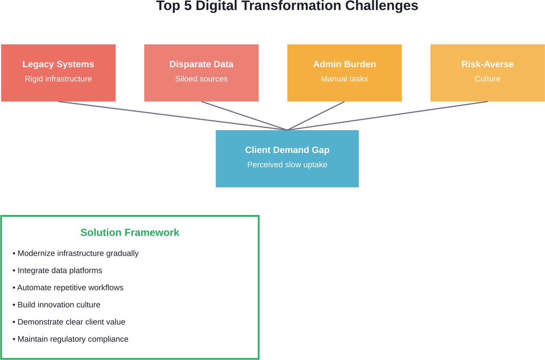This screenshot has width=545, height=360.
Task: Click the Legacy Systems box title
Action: pyautogui.click(x=58, y=64)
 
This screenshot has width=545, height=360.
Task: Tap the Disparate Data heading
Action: pyautogui.click(x=201, y=64)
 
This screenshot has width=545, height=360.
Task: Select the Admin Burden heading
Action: pyautogui.click(x=344, y=64)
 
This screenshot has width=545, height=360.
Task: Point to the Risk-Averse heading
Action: pyautogui.click(x=487, y=64)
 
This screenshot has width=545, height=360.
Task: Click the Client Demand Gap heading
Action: pyautogui.click(x=287, y=150)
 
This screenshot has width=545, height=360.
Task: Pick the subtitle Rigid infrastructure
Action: pyautogui.click(x=58, y=79)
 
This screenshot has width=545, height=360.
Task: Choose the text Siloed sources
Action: pyautogui.click(x=201, y=79)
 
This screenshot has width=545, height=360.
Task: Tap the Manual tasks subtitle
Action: pyautogui.click(x=344, y=79)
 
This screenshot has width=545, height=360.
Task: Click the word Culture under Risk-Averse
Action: pyautogui.click(x=487, y=79)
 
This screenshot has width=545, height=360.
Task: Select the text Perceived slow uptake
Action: pyautogui.click(x=287, y=165)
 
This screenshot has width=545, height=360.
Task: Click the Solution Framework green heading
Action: pyautogui.click(x=130, y=233)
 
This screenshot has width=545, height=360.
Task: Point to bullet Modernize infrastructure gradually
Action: pyautogui.click(x=78, y=254)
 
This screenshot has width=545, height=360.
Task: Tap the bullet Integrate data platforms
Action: pyautogui.click(x=60, y=271)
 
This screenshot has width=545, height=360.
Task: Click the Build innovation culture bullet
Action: pyautogui.click(x=59, y=305)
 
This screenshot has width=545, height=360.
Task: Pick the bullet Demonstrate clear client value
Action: pyautogui.click(x=71, y=322)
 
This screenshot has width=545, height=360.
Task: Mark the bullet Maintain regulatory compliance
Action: pyautogui.click(x=73, y=339)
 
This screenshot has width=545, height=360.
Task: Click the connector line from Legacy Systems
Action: pyautogui.click(x=172, y=115)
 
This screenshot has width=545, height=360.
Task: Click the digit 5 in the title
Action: pyautogui.click(x=187, y=6)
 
